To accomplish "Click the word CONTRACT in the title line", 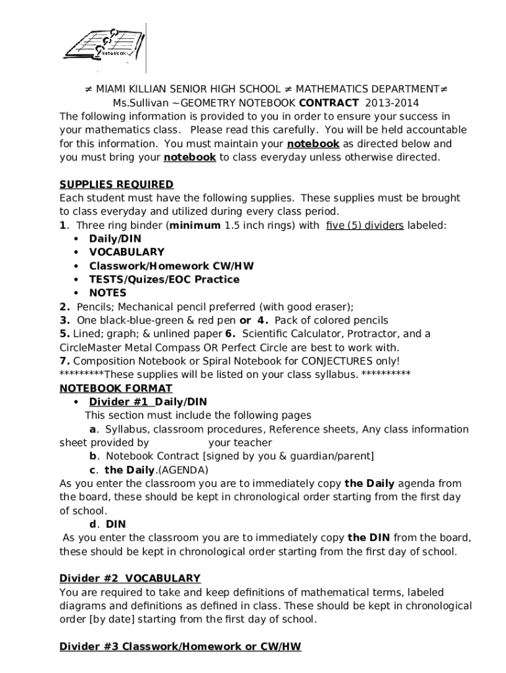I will coord(329,103).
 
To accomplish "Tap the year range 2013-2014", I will coord(392,103).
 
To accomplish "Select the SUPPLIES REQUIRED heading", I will coord(116,184).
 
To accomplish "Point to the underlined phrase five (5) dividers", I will coord(365,225).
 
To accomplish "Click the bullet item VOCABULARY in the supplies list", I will coord(127,252).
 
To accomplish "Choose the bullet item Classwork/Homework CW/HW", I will coord(171,266).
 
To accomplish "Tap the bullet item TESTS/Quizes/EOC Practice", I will coord(164,279).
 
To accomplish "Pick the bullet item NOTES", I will coord(108,293).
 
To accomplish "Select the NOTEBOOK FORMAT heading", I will coord(116,388).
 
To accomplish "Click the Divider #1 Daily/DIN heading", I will coord(148,402).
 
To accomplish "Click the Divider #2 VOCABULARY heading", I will coord(129,578).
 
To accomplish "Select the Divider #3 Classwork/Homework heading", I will coord(180,647).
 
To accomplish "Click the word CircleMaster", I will coord(91,347).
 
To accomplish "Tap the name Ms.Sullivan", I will coord(140,103).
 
